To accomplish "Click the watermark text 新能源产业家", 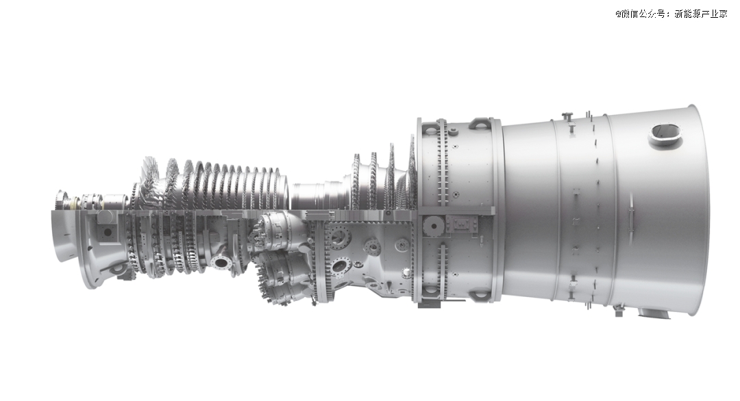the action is pyautogui.click(x=701, y=14).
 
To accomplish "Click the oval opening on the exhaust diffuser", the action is pyautogui.click(x=666, y=134).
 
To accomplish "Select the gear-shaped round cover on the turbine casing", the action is pyautogui.click(x=432, y=225).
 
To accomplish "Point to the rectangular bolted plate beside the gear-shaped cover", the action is pyautogui.click(x=462, y=224).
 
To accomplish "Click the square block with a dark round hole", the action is pyautogui.click(x=107, y=231).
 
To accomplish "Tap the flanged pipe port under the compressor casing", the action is pyautogui.click(x=221, y=261).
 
